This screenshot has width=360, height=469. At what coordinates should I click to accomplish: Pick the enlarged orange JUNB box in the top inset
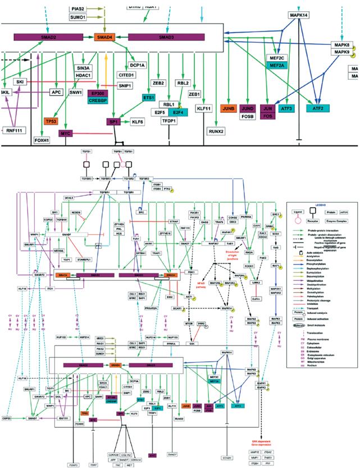[x=227, y=108]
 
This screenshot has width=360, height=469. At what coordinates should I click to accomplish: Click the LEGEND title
[x=321, y=205]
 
